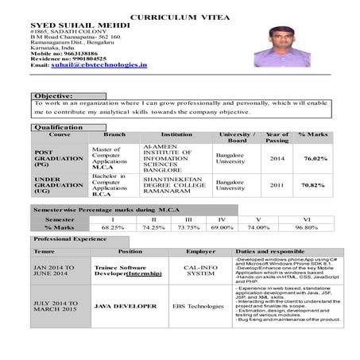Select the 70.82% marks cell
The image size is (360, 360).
pyautogui.click(x=313, y=185)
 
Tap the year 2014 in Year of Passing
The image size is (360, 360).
pyautogui.click(x=277, y=159)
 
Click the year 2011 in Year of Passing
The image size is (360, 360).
pyautogui.click(x=277, y=185)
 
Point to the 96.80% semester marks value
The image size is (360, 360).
pyautogui.click(x=306, y=226)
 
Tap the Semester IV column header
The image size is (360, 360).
pyautogui.click(x=222, y=218)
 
